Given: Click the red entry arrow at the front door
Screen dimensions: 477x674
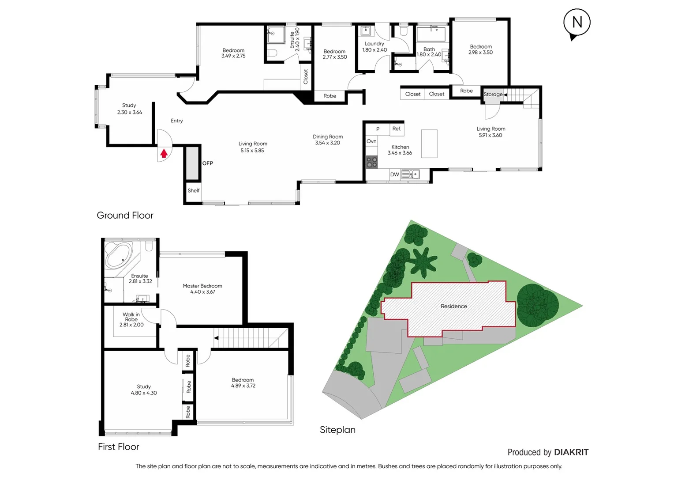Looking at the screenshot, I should click(x=164, y=154).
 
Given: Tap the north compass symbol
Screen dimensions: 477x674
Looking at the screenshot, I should click(x=577, y=23).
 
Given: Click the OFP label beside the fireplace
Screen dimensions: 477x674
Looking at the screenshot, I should click(x=208, y=163).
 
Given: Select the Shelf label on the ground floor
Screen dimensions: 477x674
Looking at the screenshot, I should click(x=194, y=191).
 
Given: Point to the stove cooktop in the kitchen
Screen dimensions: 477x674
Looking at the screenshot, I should click(x=372, y=162).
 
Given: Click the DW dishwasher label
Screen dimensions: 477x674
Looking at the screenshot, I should click(x=394, y=174).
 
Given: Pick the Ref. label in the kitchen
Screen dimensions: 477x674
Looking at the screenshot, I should click(x=397, y=129).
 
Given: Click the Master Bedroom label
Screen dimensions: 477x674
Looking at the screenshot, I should click(x=202, y=286).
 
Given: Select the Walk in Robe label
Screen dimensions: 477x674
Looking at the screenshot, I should click(x=131, y=317).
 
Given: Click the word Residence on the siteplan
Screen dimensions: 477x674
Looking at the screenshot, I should click(x=454, y=306).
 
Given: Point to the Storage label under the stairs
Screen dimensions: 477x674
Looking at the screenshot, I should click(x=493, y=95).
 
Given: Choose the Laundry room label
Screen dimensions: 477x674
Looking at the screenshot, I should click(x=374, y=44).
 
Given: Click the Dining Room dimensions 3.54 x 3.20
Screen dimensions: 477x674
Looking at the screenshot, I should click(x=328, y=143).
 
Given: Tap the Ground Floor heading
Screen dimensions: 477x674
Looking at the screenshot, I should click(x=125, y=216).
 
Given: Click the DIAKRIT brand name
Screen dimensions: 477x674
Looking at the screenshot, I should click(x=571, y=452).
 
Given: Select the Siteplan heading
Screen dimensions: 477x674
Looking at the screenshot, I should click(x=337, y=430).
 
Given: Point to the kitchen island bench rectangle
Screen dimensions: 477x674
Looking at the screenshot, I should click(x=429, y=144).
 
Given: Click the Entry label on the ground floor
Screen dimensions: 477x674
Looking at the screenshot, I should click(x=177, y=121).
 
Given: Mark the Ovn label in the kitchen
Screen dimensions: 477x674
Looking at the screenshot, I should click(x=372, y=141).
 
